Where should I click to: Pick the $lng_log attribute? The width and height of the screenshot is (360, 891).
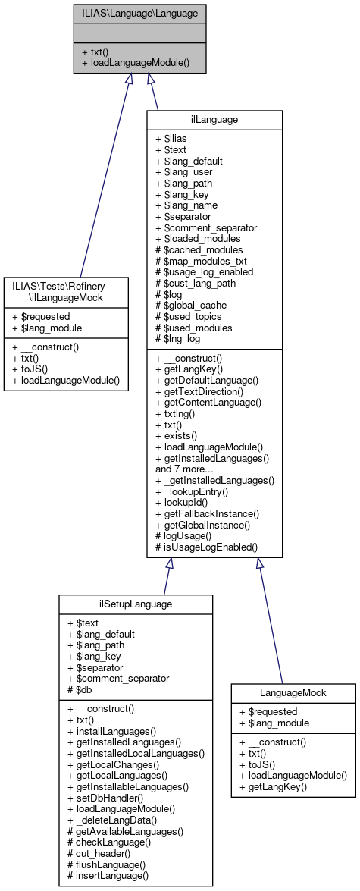click(179, 337)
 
